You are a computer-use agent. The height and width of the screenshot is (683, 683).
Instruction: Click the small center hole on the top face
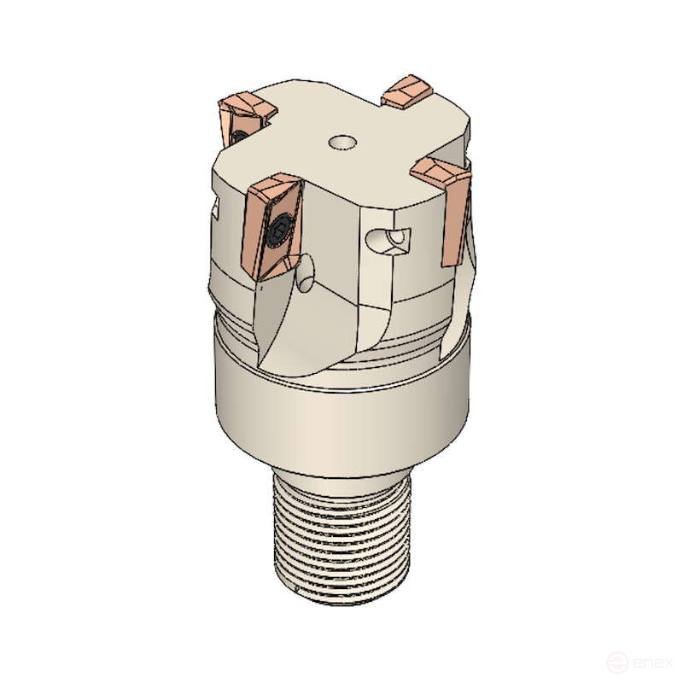coord(343,140)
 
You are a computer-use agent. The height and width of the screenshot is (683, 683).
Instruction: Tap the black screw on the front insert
coord(278,229)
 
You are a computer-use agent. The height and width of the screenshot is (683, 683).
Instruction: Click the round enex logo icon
coord(616,662)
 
